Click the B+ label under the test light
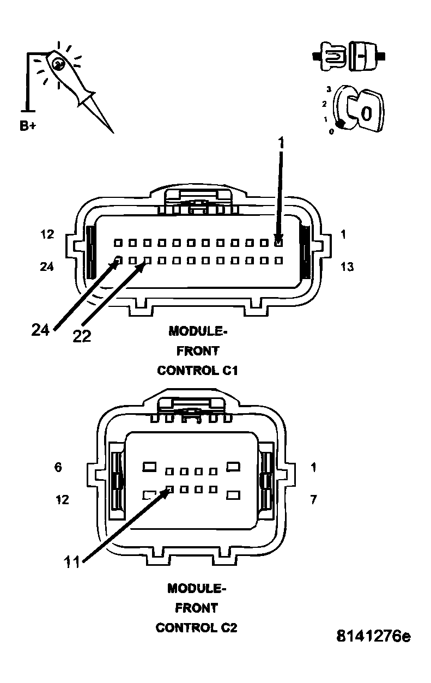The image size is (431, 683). [x=28, y=126]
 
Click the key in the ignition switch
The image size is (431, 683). [x=366, y=112]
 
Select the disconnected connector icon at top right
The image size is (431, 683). [x=349, y=56]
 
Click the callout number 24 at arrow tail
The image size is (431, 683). [x=41, y=330]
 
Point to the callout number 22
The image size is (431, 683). [x=82, y=336]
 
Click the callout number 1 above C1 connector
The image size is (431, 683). [x=281, y=143]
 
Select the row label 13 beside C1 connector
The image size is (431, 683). [x=347, y=267]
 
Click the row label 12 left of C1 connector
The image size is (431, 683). [x=47, y=234]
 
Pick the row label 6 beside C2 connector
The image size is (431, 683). [x=58, y=467]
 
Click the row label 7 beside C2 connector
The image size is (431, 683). [x=313, y=499]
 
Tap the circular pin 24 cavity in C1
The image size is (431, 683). [x=118, y=260]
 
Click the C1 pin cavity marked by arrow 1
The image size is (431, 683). [x=278, y=242]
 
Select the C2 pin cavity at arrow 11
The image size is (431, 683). [x=169, y=489]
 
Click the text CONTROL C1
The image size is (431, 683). [x=198, y=370]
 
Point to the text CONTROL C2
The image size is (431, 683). [x=197, y=627]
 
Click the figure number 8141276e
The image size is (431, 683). [x=373, y=636]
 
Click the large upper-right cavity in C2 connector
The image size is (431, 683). [x=234, y=467]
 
